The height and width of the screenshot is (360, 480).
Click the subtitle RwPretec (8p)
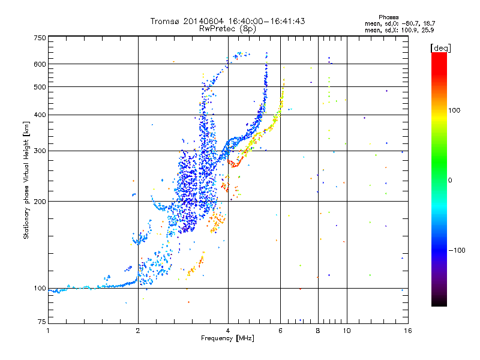click(x=228, y=28)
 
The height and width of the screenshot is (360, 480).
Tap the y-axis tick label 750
click(x=40, y=38)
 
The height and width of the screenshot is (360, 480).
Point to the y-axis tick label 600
click(x=40, y=64)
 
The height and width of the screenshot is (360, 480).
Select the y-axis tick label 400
click(x=40, y=115)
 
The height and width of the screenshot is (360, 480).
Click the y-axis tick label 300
click(x=40, y=151)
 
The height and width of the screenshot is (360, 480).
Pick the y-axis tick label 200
click(x=40, y=201)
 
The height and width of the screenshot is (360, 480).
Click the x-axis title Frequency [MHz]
click(x=227, y=338)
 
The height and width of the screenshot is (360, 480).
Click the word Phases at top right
click(x=389, y=17)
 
